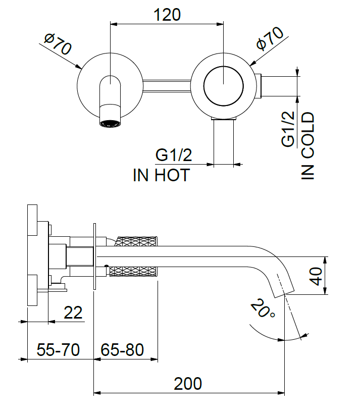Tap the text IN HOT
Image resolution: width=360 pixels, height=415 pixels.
click(161, 175)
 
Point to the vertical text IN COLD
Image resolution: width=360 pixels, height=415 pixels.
click(308, 146)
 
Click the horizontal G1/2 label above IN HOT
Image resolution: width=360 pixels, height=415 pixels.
click(174, 154)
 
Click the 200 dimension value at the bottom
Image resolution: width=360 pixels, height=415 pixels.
click(188, 384)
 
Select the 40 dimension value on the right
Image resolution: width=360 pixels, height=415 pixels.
click(317, 276)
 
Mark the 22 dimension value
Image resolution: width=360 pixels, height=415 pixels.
click(73, 313)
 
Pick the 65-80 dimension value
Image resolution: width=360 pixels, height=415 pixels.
click(123, 350)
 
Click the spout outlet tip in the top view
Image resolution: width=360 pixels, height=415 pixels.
click(110, 123)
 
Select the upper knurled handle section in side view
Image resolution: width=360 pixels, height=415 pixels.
click(138, 241)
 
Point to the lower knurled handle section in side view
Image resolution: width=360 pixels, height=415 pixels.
click(134, 272)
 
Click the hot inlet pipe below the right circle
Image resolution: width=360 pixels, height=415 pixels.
click(224, 141)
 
